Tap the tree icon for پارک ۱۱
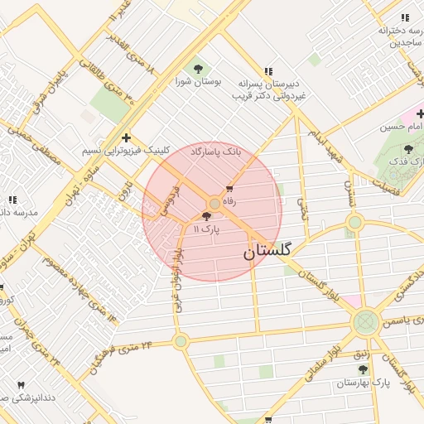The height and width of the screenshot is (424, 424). [206, 216]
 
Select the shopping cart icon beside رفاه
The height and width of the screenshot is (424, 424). [229, 190]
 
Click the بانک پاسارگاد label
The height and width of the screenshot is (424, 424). [214, 152]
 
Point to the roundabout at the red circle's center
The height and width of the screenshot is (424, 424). [214, 203]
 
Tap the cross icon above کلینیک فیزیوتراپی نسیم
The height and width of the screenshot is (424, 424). [126, 137]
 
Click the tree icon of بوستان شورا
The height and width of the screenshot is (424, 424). [197, 68]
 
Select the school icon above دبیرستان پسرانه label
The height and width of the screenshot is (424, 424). [267, 71]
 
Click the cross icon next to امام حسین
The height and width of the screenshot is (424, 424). [421, 113]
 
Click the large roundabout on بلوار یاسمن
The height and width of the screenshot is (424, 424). [364, 323]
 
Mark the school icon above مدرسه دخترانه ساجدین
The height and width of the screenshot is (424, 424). [405, 17]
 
